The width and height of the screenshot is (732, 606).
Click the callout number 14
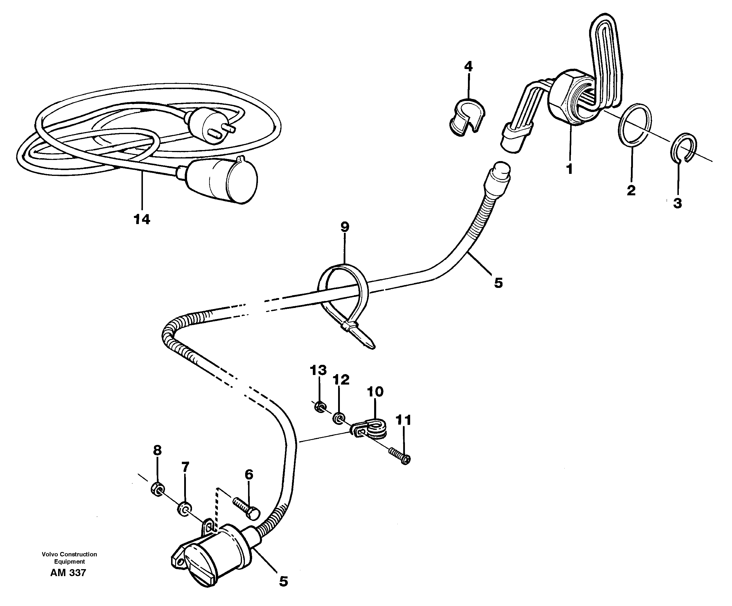tap(141, 219)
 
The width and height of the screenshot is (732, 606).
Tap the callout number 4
tap(468, 66)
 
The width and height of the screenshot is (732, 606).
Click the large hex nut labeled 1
tap(572, 101)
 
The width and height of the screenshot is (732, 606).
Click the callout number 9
tap(345, 227)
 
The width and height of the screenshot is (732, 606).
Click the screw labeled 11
tap(399, 456)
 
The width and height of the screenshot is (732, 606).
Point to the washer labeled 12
tap(338, 418)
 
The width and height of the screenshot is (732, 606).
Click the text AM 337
tap(68, 573)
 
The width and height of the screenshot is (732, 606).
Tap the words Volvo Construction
tap(69, 554)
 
